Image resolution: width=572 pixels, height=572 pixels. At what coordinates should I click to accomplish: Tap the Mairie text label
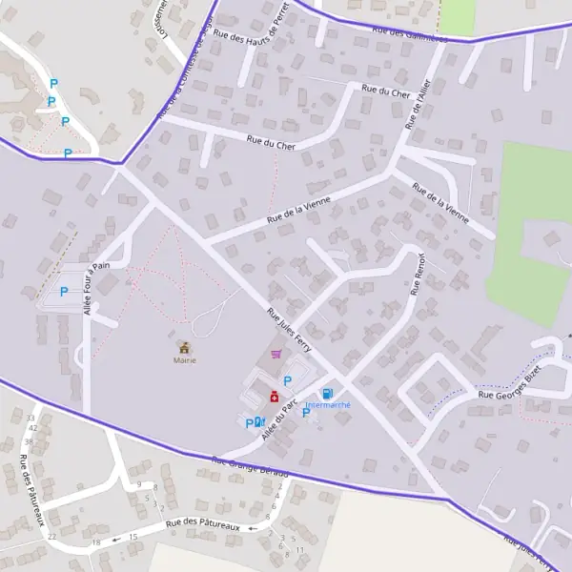tap(183, 360)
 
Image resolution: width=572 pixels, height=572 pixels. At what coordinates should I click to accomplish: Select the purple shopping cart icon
tap(276, 354)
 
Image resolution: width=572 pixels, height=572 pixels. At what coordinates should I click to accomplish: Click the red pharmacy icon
tap(274, 396)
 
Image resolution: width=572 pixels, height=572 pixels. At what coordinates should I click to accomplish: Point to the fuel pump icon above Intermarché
tap(327, 393)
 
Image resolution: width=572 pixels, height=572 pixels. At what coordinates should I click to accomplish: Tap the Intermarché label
tap(327, 405)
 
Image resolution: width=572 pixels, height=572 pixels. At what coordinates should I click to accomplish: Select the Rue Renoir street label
tap(417, 276)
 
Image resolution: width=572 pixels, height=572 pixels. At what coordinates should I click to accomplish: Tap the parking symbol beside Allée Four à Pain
tap(64, 292)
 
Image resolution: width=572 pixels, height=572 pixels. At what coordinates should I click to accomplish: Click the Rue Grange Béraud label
tap(250, 465)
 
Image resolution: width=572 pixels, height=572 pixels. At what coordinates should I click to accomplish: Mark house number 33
tap(31, 418)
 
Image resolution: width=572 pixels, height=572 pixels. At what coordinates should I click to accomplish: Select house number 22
tap(51, 537)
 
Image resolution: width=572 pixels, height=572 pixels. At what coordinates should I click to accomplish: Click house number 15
tap(133, 537)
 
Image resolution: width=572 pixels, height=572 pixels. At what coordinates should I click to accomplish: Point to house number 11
tap(300, 550)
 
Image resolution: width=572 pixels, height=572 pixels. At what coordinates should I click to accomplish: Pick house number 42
tap(32, 427)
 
